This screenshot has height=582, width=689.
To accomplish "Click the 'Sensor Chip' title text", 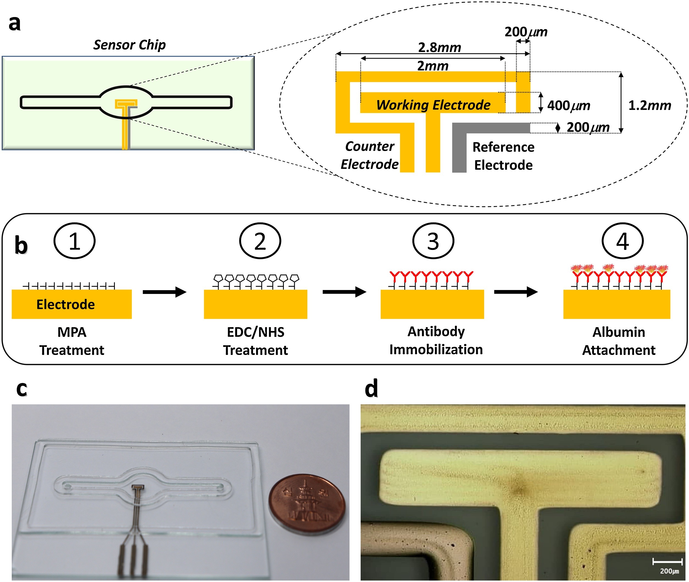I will [x=129, y=45].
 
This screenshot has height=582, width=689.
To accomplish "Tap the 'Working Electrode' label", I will [x=433, y=105].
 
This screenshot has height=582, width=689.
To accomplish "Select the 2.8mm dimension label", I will [x=440, y=48].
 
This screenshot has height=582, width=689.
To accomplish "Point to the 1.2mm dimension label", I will [x=649, y=106].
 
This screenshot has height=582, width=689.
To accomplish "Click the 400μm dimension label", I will [x=568, y=106].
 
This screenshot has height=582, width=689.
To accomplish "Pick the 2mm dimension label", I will [x=432, y=66].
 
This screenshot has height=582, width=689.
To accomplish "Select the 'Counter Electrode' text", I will [x=369, y=155].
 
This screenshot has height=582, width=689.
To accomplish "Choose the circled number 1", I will [x=74, y=241].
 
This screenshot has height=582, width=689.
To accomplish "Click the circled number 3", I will [x=433, y=241].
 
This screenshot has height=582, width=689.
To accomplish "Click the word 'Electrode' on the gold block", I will [x=66, y=304].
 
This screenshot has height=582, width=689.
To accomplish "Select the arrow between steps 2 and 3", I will [x=344, y=292].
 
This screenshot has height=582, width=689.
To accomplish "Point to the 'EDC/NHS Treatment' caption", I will [x=255, y=341].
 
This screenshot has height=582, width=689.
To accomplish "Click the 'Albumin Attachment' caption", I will [x=618, y=341].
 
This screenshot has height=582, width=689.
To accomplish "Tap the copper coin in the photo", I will [x=307, y=503].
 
